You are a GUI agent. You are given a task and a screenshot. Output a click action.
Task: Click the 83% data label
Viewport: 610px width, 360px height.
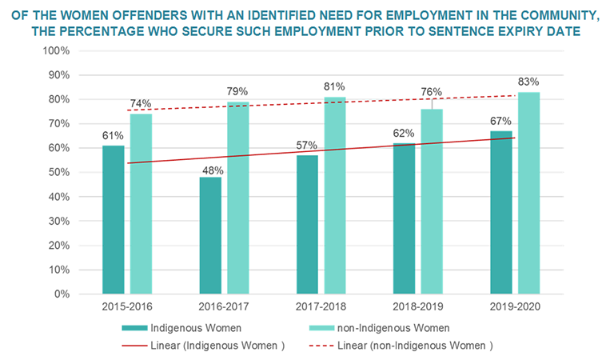click(529, 82)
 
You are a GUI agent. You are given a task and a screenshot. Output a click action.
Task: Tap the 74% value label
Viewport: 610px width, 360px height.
click(141, 104)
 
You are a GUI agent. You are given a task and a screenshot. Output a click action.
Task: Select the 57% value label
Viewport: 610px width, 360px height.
click(307, 145)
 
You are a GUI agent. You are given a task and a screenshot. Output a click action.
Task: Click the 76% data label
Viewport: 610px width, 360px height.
click(432, 90)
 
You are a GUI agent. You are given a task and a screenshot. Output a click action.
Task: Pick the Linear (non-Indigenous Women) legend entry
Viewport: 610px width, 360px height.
click(419, 345)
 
